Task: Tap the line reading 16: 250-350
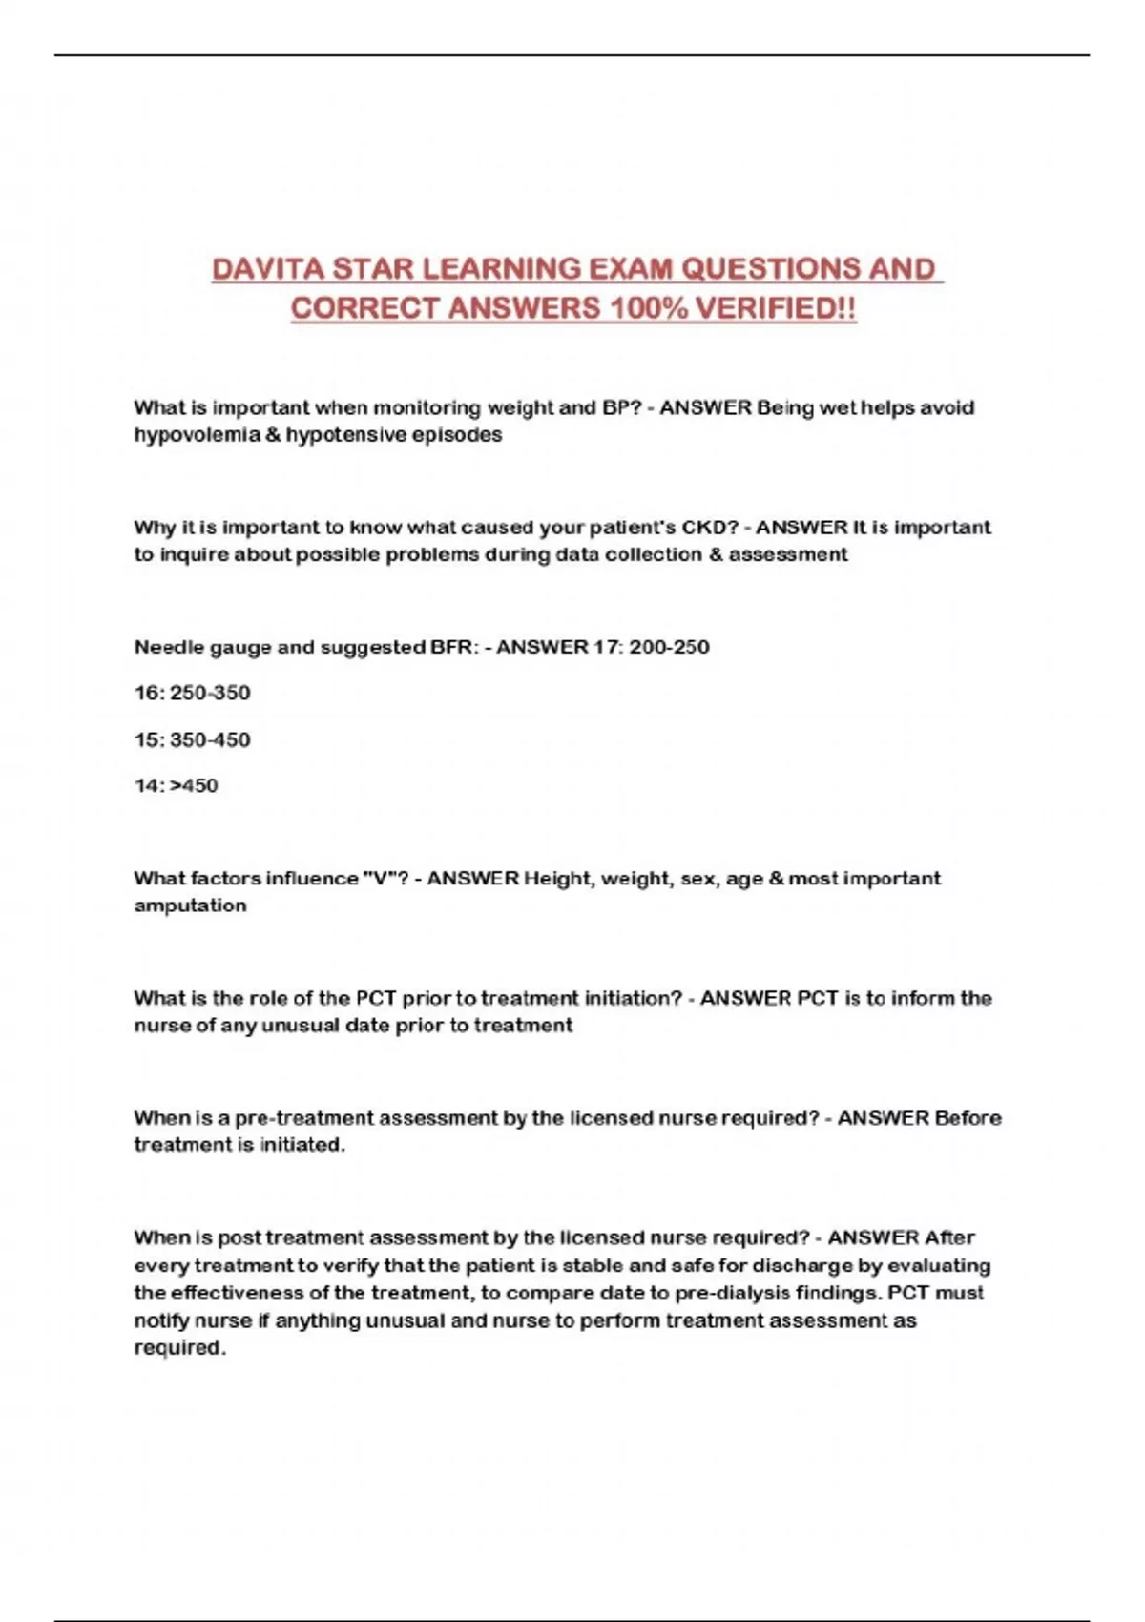192,693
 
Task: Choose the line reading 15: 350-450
192,739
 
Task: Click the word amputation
190,905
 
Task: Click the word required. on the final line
179,1348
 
